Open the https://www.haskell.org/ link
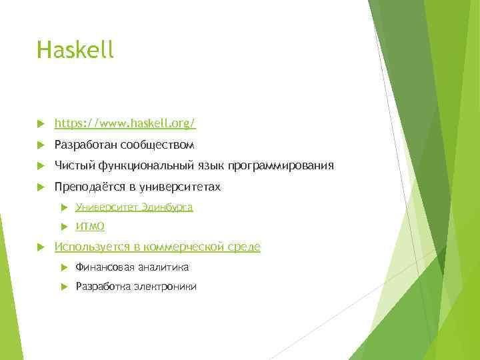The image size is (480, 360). pyautogui.click(x=125, y=123)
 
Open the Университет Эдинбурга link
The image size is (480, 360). pyautogui.click(x=134, y=207)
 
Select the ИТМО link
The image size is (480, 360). pyautogui.click(x=90, y=227)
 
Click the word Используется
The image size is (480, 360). pyautogui.click(x=92, y=247)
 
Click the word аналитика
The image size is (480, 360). pyautogui.click(x=163, y=267)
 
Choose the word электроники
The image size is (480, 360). pyautogui.click(x=165, y=287)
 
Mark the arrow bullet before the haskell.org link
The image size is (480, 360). pyautogui.click(x=41, y=123)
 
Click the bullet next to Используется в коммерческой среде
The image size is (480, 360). pyautogui.click(x=41, y=247)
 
